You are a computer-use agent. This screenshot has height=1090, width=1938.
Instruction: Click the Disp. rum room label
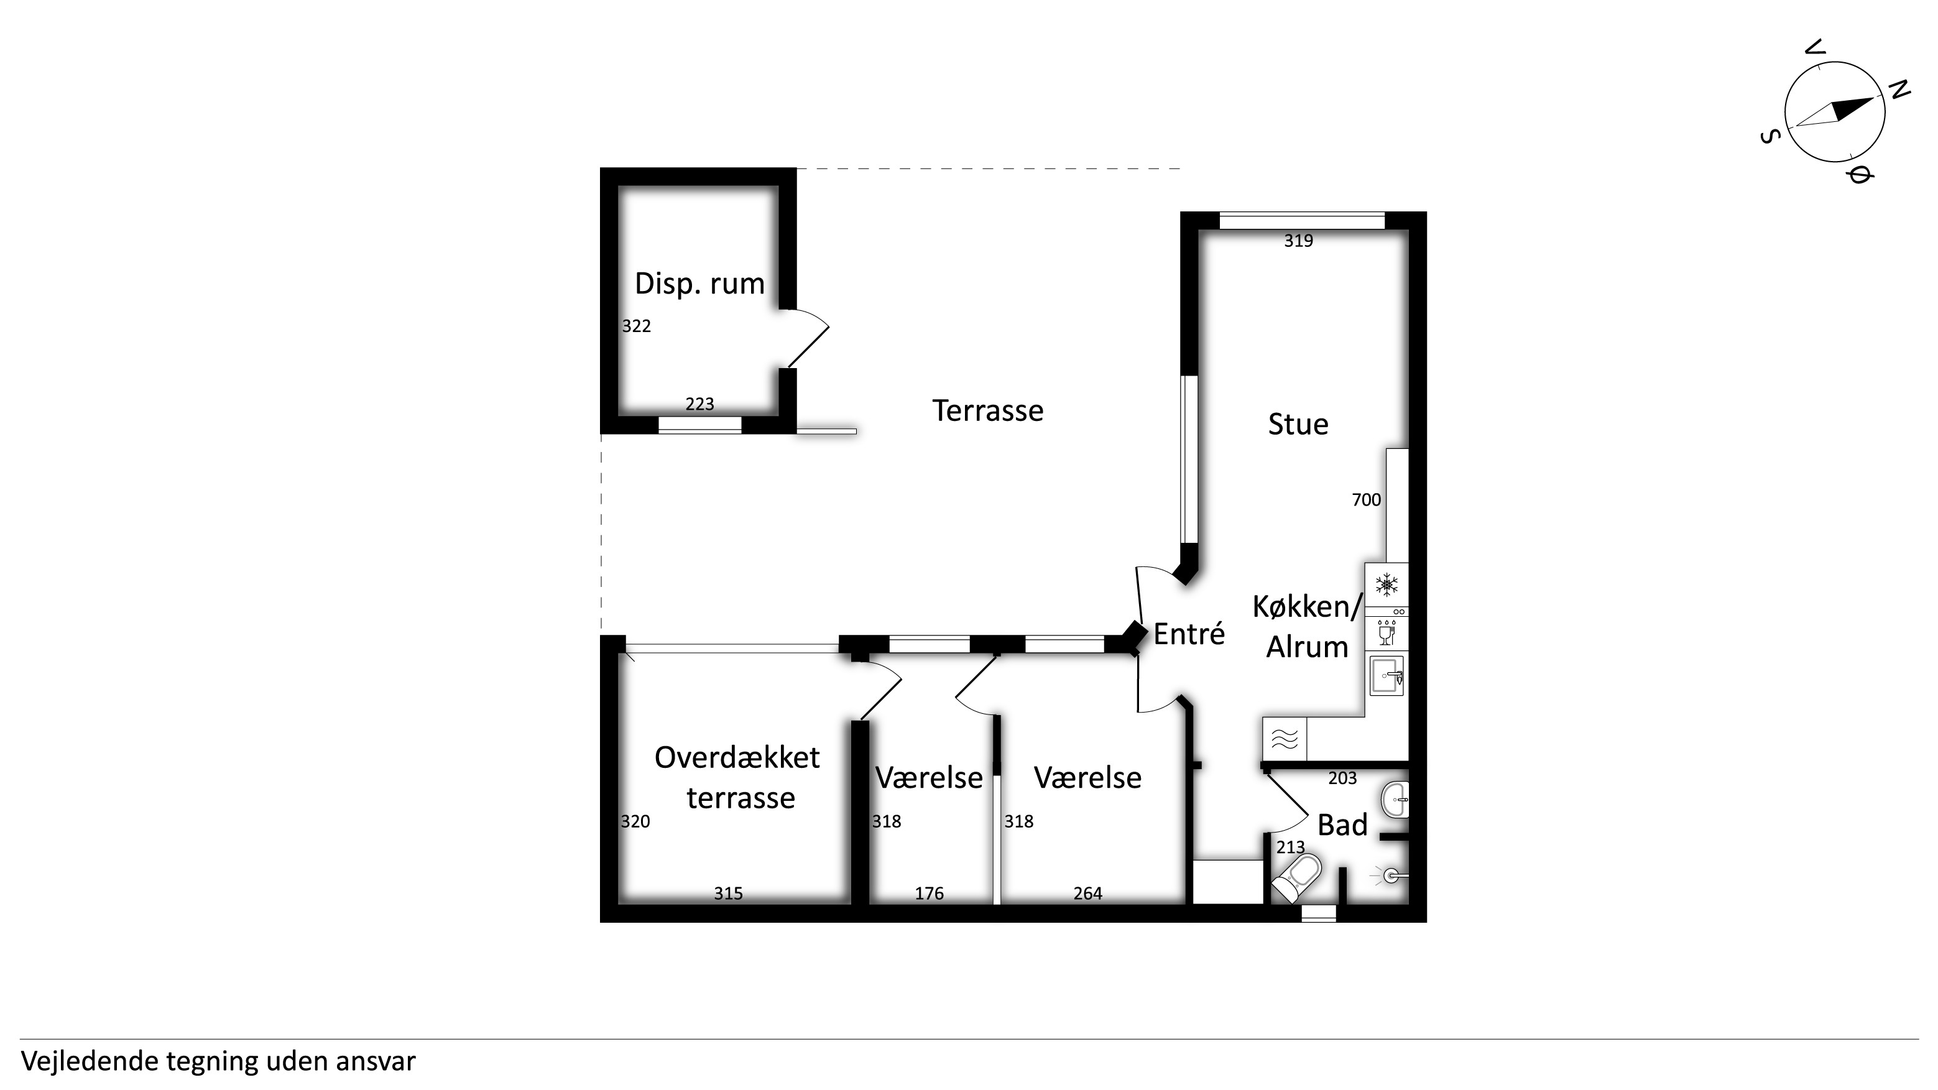[x=699, y=284]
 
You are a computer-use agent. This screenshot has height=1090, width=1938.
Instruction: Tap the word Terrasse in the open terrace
[x=988, y=411]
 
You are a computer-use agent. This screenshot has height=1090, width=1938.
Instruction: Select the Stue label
[x=1298, y=424]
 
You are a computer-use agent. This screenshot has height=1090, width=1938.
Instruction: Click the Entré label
[x=1189, y=634]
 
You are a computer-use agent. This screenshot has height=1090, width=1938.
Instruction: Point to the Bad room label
[x=1342, y=825]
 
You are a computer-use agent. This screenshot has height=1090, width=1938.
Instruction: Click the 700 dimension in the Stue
[x=1366, y=499]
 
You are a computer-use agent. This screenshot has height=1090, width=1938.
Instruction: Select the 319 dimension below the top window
[x=1298, y=241]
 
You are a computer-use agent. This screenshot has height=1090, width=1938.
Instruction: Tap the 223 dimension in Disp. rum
[x=699, y=404]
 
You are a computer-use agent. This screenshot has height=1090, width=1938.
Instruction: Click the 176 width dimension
[x=929, y=893]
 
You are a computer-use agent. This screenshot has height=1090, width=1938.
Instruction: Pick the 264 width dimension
[x=1088, y=893]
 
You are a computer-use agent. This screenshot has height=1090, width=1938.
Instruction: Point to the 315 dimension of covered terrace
[x=728, y=893]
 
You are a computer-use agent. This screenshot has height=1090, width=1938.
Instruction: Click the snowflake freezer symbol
[x=1387, y=584]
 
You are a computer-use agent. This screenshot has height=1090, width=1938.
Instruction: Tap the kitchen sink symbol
[x=1387, y=675]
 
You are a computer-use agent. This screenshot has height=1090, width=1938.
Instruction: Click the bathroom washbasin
[x=1396, y=799]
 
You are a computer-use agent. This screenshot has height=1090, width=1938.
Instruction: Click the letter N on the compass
[x=1899, y=90]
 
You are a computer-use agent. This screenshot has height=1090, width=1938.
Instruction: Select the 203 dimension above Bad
[x=1342, y=778]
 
